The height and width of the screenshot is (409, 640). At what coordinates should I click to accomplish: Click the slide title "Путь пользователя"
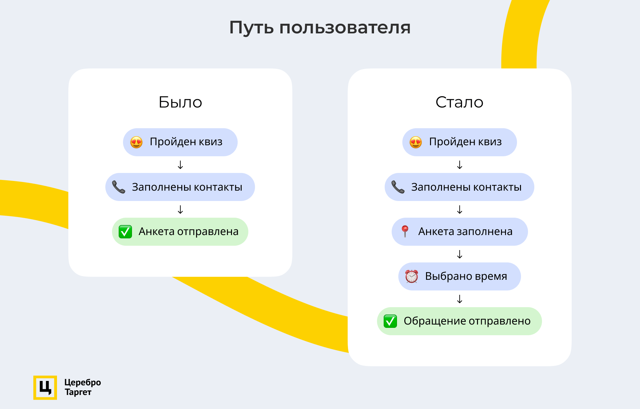[x=320, y=27]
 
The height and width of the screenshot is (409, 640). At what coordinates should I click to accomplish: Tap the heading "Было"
[x=180, y=102]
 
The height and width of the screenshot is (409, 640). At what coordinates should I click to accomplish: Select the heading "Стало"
[x=459, y=102]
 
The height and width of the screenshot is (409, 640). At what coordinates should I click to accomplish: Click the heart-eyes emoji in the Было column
[x=136, y=142]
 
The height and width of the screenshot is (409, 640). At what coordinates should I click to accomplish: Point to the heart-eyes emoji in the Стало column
[x=416, y=142]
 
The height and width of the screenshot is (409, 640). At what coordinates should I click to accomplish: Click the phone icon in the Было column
[x=119, y=187]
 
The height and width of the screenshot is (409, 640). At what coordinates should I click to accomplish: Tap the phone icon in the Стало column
[x=398, y=187]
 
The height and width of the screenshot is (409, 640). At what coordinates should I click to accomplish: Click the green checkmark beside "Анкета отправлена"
[x=125, y=232]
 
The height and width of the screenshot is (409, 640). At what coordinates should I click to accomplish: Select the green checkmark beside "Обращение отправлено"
[x=390, y=321]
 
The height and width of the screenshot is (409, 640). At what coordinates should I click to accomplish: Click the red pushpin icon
[x=405, y=231]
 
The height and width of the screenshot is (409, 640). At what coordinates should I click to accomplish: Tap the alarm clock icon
[x=412, y=276]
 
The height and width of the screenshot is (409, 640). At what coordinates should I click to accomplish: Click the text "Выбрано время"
[x=466, y=276]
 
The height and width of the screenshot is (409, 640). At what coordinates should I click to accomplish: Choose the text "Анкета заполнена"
[x=465, y=231]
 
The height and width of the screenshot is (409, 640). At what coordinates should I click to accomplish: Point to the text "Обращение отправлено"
[x=467, y=321]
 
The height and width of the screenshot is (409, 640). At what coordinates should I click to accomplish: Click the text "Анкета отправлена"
[x=189, y=231]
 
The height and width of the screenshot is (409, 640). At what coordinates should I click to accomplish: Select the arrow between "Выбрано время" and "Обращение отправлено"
[x=460, y=299]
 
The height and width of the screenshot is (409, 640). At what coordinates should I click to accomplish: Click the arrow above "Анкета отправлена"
[x=180, y=209]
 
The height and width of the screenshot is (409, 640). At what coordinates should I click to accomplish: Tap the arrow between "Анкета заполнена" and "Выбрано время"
[x=460, y=254]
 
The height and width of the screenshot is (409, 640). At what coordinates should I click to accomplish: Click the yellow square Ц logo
[x=45, y=388]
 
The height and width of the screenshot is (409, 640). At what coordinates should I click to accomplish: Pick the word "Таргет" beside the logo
[x=78, y=392]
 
